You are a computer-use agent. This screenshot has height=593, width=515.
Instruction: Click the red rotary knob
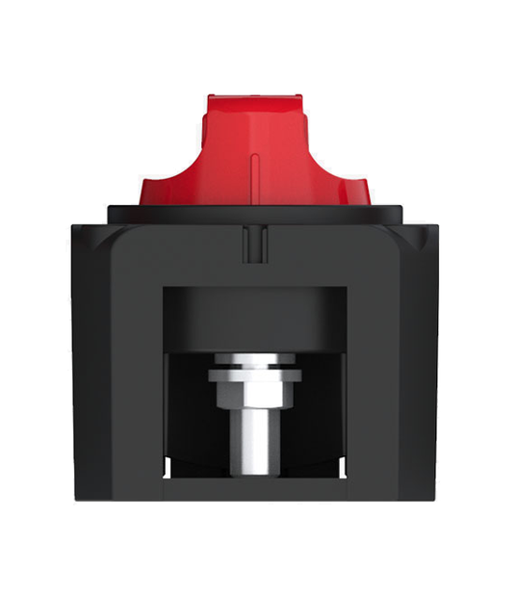click(255, 154)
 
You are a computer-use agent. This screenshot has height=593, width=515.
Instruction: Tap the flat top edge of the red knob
click(255, 97)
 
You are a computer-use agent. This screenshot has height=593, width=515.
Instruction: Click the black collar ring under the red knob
click(255, 213)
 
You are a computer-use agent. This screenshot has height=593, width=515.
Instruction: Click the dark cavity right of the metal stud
click(318, 414)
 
